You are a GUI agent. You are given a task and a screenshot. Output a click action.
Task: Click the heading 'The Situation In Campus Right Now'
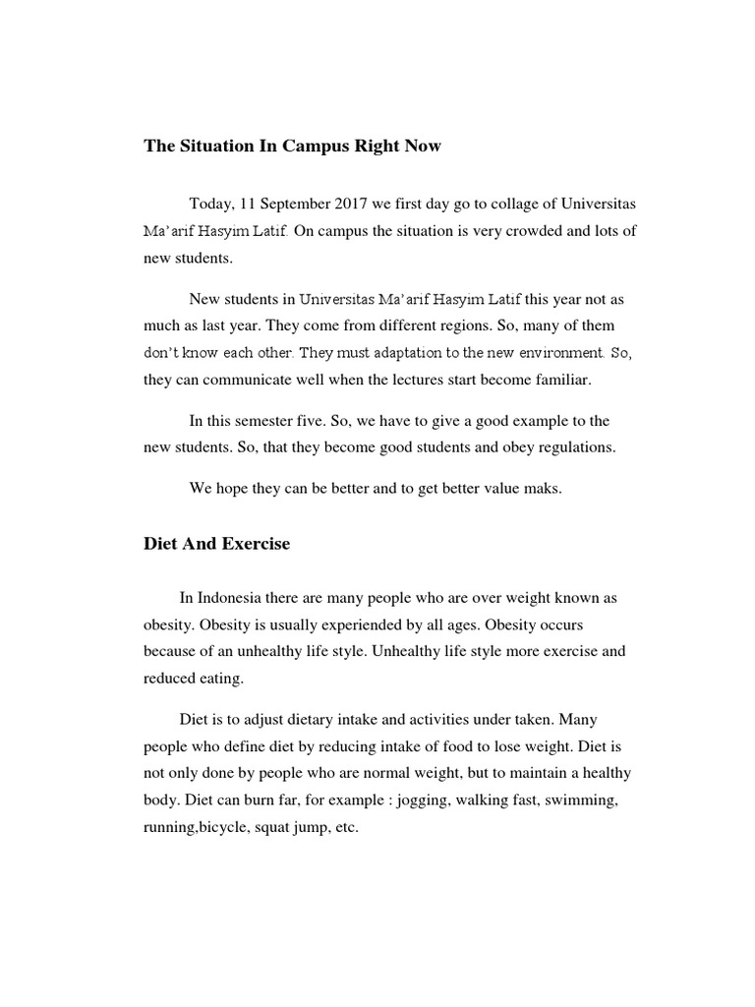coord(293,147)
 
